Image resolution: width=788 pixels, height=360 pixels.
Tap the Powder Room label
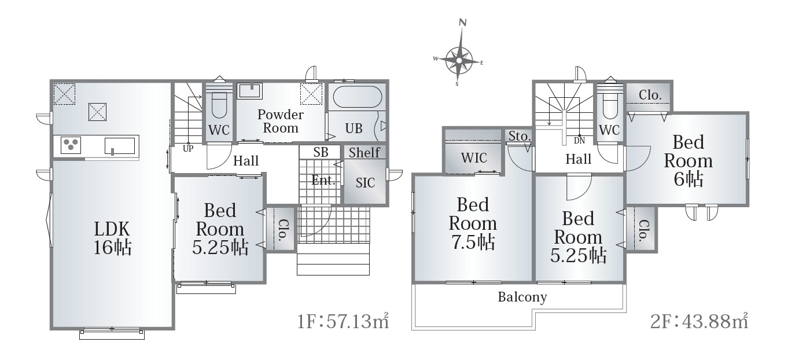coord(281,121)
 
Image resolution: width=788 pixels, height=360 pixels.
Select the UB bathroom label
coord(354,128)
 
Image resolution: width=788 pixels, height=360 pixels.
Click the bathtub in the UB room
coord(357,97)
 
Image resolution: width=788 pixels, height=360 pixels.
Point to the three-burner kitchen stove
coord(71,145)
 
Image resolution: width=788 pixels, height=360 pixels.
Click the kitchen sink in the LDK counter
coord(120,146)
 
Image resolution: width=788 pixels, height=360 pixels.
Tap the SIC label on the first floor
coord(365,183)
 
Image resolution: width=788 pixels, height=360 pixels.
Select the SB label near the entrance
coord(321,152)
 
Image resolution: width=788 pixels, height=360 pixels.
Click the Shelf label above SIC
coord(364,152)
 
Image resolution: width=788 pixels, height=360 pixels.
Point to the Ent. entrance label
coord(323,180)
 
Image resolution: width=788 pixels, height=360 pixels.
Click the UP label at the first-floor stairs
coord(188,149)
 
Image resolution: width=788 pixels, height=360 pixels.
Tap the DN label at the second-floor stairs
coord(579,141)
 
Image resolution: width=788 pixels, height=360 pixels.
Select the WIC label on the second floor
coord(474,158)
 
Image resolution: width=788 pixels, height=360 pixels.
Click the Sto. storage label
coord(519,136)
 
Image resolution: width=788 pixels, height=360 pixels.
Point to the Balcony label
coord(522,297)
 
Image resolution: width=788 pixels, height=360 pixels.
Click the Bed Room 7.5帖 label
coord(473,223)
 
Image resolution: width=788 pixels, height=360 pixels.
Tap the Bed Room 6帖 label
coord(688,161)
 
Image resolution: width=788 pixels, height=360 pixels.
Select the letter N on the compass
coord(463,23)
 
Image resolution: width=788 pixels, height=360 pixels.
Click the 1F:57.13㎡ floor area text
coord(343,321)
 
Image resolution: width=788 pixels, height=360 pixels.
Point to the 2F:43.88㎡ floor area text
coord(699,321)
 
